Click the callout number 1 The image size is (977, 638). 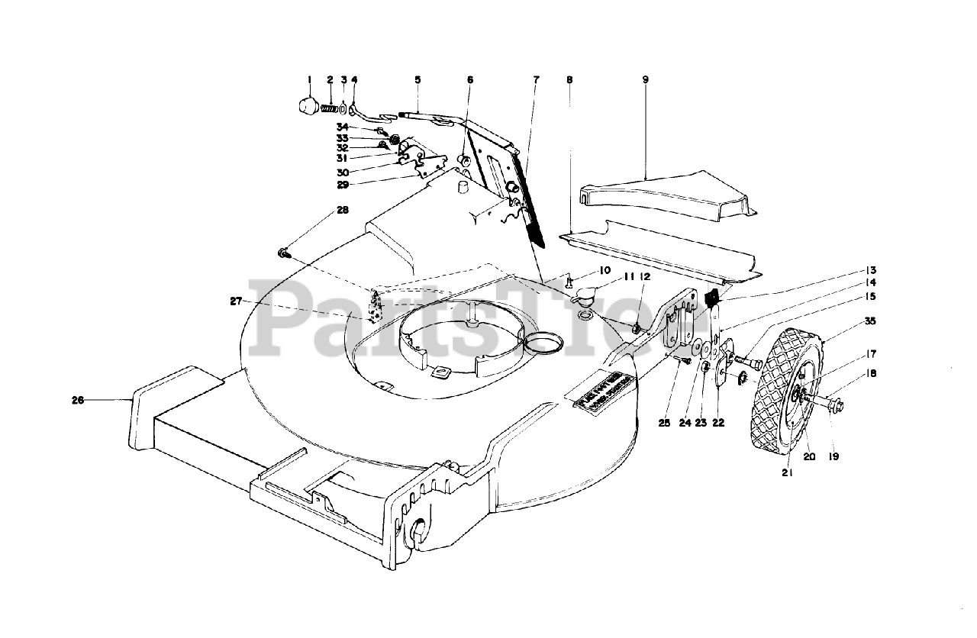pyautogui.click(x=310, y=79)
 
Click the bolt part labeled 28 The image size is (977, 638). pyautogui.click(x=284, y=251)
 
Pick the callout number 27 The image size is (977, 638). pyautogui.click(x=237, y=302)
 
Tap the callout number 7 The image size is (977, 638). pyautogui.click(x=536, y=79)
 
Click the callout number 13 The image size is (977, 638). pyautogui.click(x=850, y=270)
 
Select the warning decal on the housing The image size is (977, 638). pyautogui.click(x=595, y=391)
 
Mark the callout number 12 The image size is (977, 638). pyautogui.click(x=645, y=275)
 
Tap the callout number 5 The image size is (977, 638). pyautogui.click(x=418, y=79)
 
